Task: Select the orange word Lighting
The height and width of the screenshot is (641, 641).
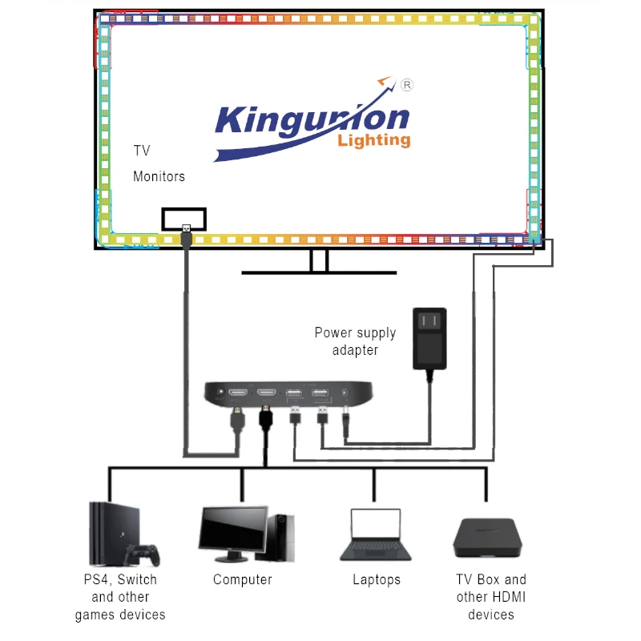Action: point(374,141)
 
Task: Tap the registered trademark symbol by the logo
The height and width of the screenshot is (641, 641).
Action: point(405,84)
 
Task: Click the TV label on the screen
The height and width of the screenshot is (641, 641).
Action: point(142,151)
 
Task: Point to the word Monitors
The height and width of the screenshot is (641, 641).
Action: point(159,176)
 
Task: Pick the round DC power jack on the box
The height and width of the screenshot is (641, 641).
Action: point(345,393)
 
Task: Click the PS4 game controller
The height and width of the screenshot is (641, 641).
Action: point(143,554)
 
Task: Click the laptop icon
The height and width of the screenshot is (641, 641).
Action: point(375,534)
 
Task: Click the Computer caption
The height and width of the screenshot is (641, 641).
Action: point(243,579)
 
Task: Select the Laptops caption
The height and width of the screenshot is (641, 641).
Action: point(377,579)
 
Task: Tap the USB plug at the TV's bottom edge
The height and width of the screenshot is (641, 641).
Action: point(185,235)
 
